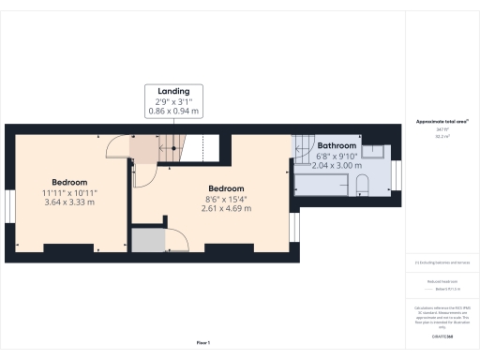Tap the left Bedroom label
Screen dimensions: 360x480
(70, 182)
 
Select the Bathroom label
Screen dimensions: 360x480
(337, 146)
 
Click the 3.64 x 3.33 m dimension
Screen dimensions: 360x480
(70, 202)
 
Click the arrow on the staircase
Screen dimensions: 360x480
(171, 146)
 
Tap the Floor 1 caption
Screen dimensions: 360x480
(203, 343)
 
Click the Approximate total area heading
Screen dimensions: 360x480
(442, 122)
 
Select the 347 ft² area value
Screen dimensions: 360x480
(442, 130)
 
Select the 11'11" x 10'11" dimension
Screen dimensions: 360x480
(70, 192)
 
